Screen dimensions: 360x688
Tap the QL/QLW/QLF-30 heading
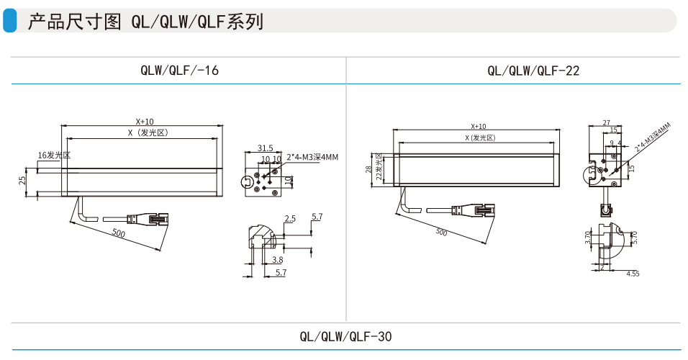(x=345, y=336)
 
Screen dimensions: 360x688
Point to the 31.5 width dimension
(x=265, y=148)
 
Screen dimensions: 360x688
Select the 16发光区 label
(x=54, y=155)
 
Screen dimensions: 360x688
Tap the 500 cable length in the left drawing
(x=118, y=233)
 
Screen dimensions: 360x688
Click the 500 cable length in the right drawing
(x=441, y=232)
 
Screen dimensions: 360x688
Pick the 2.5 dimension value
(x=290, y=218)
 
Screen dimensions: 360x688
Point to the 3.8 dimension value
(x=278, y=259)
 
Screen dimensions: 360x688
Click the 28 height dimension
(x=368, y=169)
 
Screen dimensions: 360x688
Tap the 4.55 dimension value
(x=633, y=274)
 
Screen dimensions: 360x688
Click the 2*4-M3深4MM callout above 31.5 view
(x=312, y=157)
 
